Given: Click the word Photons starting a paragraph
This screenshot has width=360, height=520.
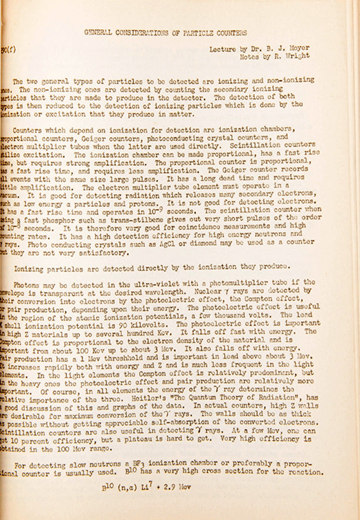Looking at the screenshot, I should coord(28,283).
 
